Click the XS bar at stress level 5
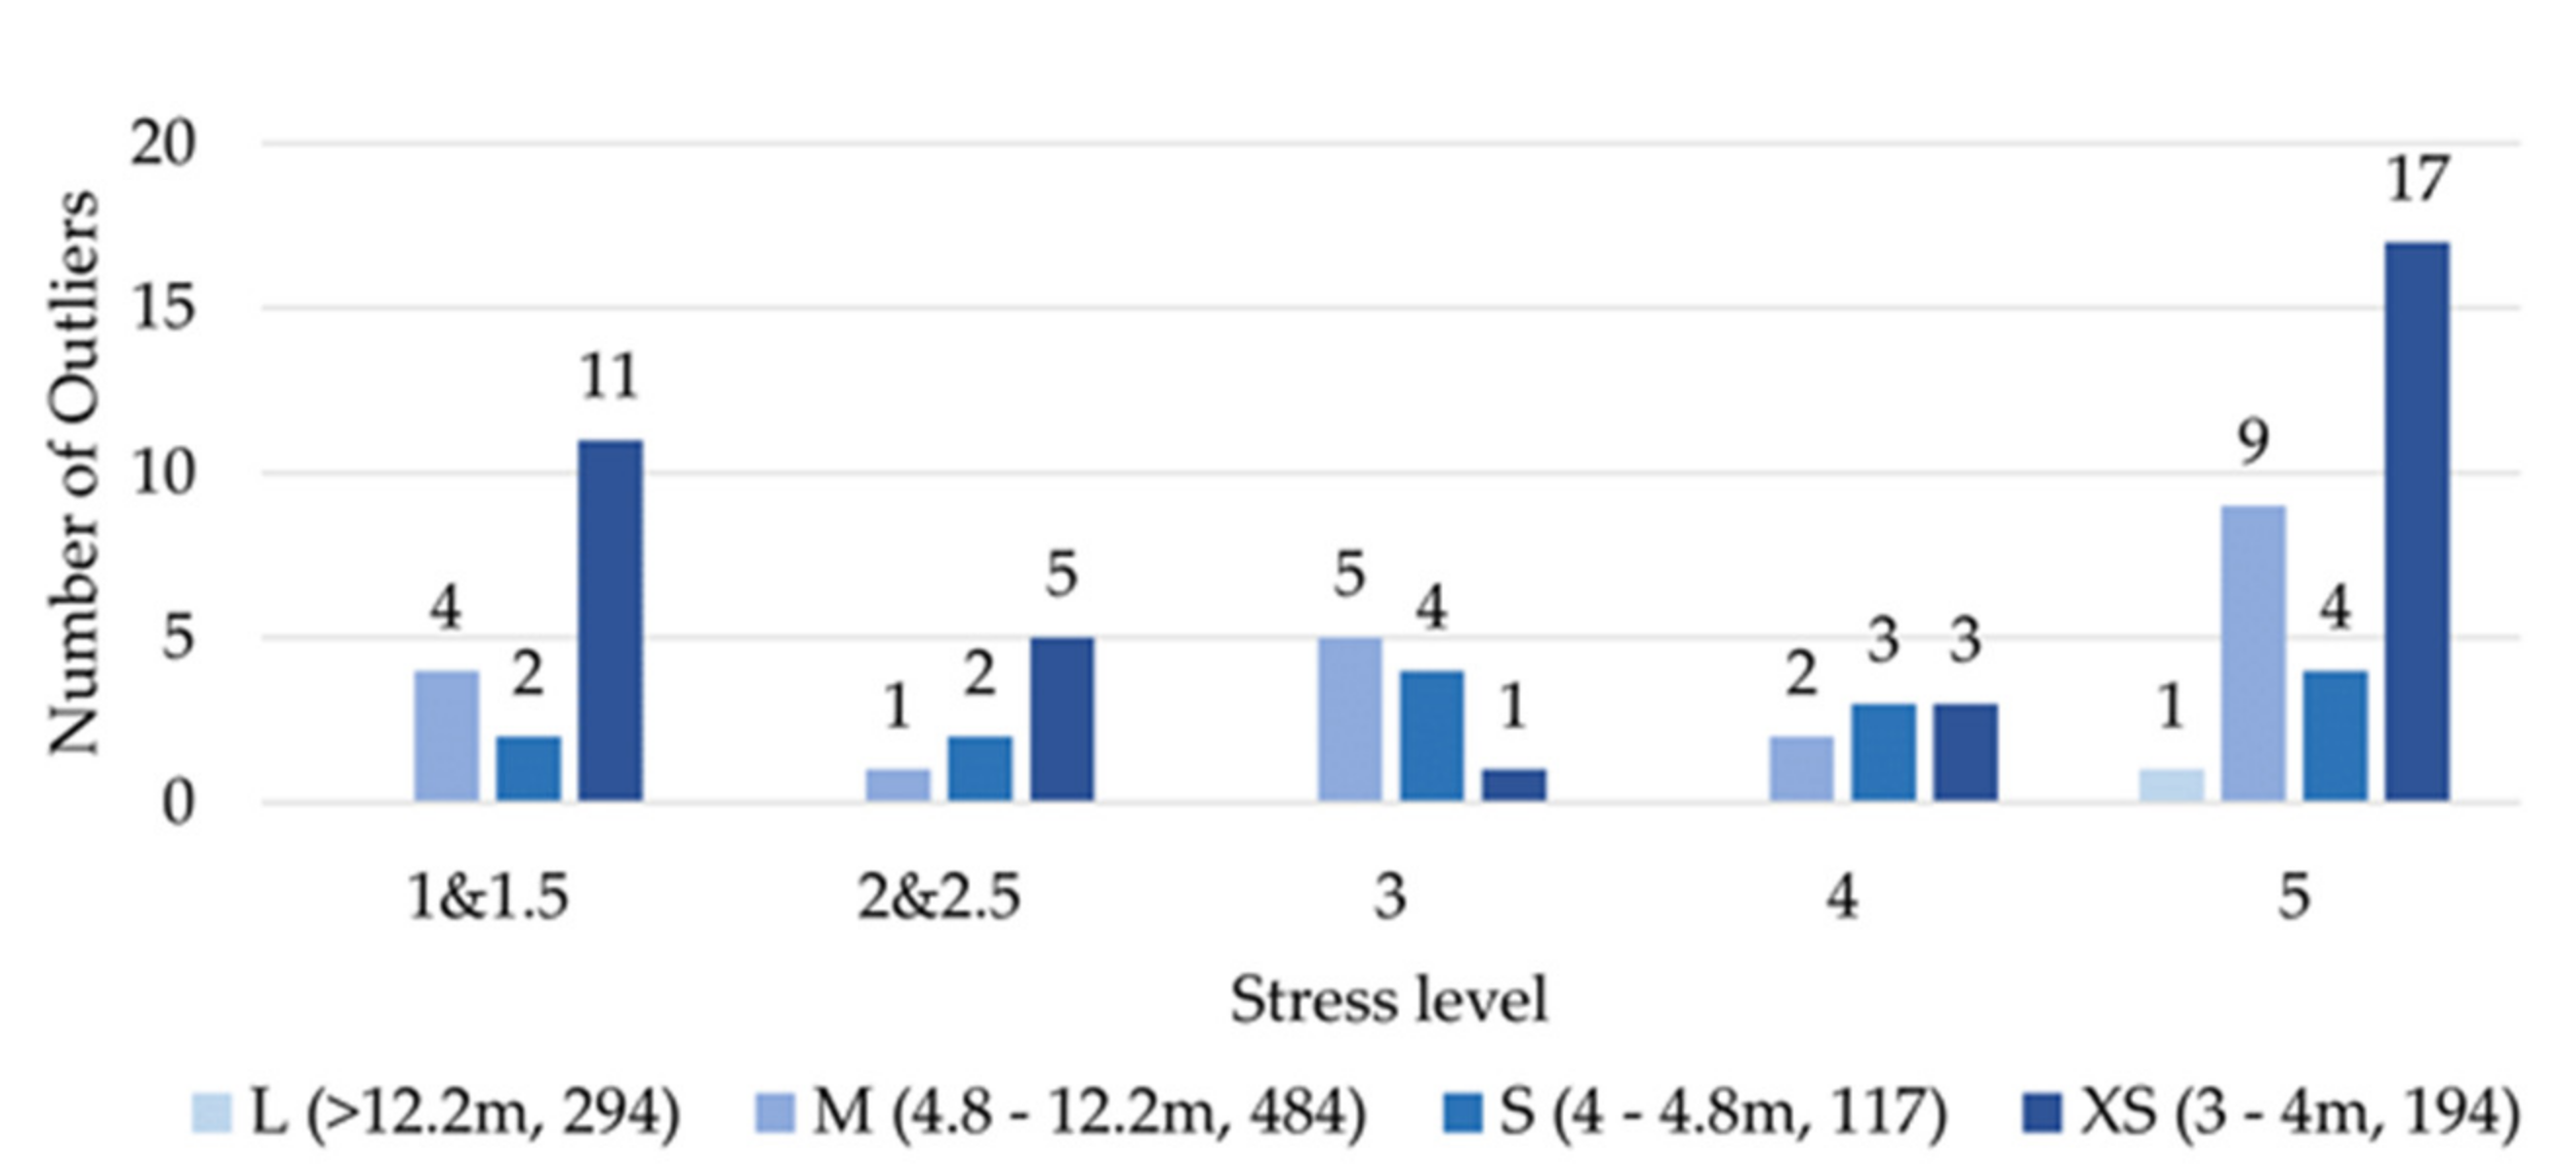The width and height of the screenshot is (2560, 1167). coord(2417,522)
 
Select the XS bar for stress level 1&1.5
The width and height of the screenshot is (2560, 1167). coord(610,621)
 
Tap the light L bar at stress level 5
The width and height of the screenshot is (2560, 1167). coord(2172,785)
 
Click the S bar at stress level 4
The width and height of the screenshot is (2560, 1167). coord(1882,751)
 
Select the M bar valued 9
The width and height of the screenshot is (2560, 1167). coord(2253,653)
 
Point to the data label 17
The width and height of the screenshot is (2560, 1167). coord(2417,180)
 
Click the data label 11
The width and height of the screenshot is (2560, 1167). coord(608,378)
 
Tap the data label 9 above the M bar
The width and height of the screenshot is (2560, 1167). coord(2253,442)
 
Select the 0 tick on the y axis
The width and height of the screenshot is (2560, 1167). coord(177,802)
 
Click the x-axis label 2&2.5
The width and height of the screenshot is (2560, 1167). coord(940,898)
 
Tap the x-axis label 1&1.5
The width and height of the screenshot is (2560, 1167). coord(488,898)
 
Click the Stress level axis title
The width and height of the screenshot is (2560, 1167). coord(1388,999)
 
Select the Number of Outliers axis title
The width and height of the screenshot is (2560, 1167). coord(74,472)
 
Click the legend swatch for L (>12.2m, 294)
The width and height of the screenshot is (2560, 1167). coord(211,1112)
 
